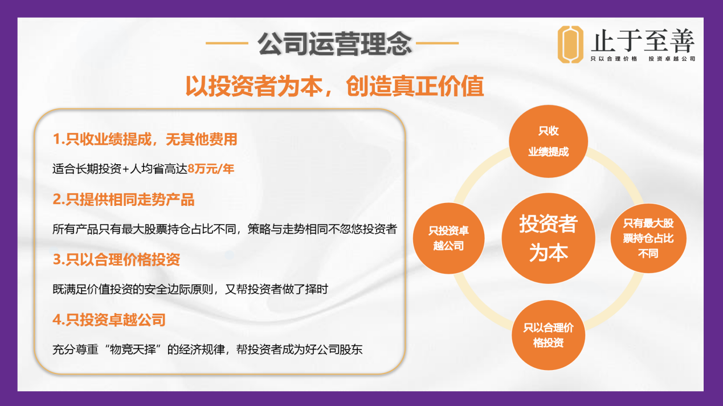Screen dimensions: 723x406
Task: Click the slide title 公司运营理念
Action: click(334, 44)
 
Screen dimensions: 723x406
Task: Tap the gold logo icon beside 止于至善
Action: click(570, 44)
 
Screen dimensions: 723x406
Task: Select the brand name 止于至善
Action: click(643, 40)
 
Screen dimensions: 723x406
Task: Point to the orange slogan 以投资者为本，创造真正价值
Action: click(334, 86)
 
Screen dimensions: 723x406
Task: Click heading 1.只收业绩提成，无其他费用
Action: click(145, 140)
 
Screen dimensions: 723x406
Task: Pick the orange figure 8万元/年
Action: click(211, 169)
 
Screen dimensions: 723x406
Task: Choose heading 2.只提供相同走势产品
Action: click(123, 200)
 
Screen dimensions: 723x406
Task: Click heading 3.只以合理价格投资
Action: click(116, 259)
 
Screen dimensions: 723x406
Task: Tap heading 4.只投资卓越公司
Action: click(109, 320)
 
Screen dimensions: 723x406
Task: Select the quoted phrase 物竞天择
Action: click(133, 350)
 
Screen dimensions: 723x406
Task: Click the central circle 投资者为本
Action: click(549, 238)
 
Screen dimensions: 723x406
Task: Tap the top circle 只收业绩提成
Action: click(549, 141)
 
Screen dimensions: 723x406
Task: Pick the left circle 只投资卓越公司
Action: click(448, 238)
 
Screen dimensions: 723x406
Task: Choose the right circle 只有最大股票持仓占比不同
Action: click(648, 238)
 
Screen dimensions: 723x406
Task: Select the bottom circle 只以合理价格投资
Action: click(549, 335)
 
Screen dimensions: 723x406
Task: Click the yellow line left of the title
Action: click(227, 43)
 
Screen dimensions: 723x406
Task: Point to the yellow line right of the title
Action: click(438, 43)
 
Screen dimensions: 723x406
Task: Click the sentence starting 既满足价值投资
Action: click(190, 289)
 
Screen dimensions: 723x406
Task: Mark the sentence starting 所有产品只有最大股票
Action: click(224, 229)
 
